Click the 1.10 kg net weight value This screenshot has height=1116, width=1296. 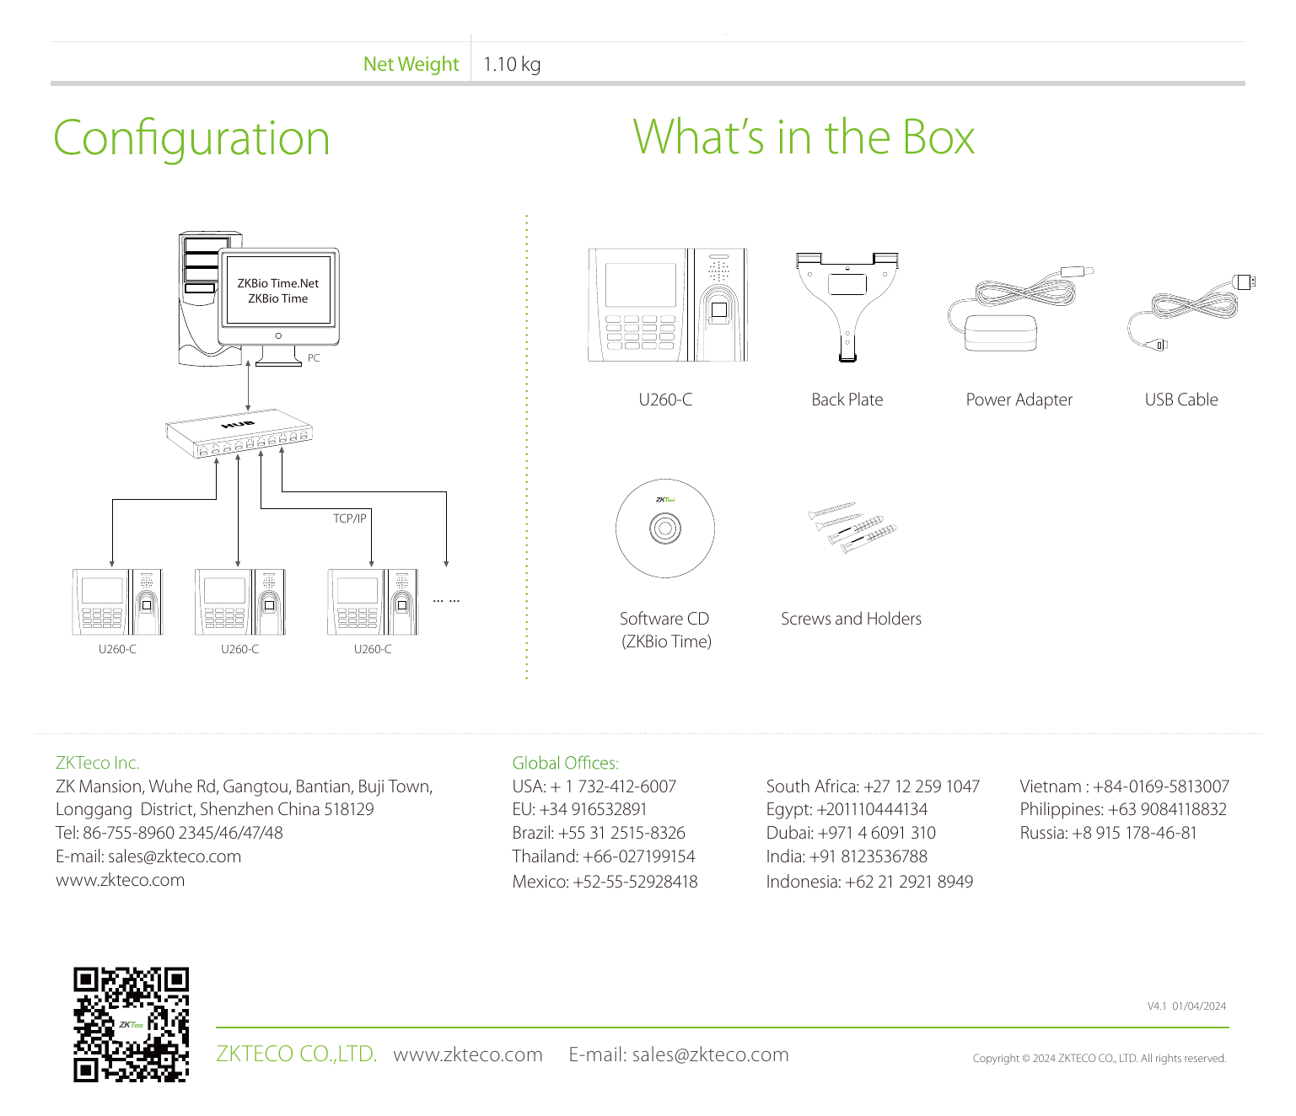tap(512, 64)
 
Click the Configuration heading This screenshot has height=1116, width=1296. tap(192, 138)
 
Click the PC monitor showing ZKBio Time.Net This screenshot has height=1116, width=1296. tap(278, 298)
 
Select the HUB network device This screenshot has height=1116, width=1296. tap(239, 433)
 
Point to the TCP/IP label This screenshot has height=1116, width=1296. tap(349, 518)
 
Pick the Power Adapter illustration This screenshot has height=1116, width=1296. tap(1019, 309)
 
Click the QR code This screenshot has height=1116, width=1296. tap(131, 1024)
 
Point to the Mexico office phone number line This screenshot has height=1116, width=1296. tap(605, 882)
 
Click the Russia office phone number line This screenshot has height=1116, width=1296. tap(1108, 833)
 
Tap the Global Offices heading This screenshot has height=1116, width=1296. tap(565, 763)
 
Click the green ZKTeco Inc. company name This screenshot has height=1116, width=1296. tap(97, 763)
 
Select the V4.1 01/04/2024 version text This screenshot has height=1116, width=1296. tap(1186, 1006)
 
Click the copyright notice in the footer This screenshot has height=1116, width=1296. tap(1100, 1059)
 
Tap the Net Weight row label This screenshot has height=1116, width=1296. tap(411, 64)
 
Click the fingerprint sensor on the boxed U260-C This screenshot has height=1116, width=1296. tap(718, 309)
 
